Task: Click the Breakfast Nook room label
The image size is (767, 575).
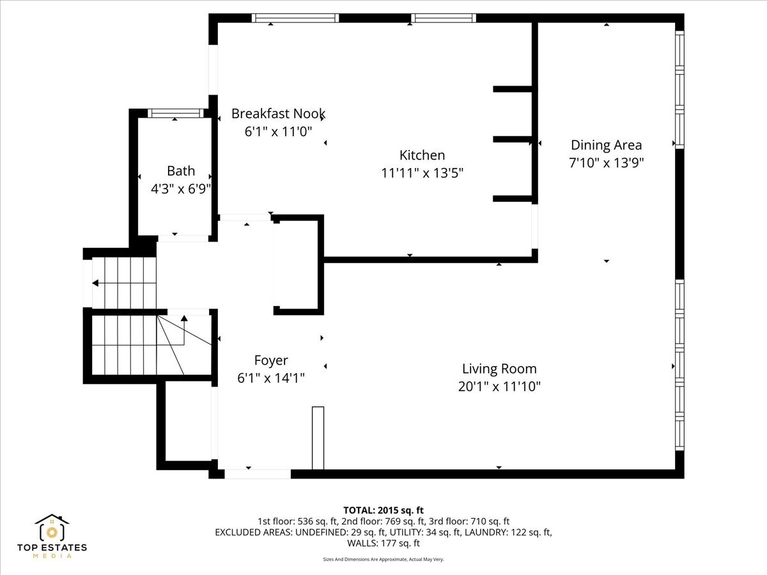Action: tap(278, 114)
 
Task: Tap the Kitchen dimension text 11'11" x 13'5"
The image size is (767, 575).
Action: tap(422, 173)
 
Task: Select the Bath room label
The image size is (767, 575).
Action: tap(181, 171)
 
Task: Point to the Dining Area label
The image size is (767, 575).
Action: tap(607, 145)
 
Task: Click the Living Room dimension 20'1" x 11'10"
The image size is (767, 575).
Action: tap(499, 387)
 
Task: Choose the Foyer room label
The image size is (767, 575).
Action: tap(271, 360)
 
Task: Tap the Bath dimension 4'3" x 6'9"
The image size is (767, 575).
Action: tap(181, 189)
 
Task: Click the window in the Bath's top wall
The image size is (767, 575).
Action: tap(175, 113)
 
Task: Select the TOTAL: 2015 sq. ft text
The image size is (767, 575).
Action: tap(383, 510)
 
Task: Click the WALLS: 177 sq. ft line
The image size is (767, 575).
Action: tap(383, 543)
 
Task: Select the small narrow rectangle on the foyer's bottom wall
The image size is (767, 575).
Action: tap(318, 438)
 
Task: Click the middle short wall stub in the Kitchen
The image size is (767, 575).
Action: tap(513, 139)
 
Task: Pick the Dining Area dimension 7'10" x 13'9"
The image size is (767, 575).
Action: tap(607, 163)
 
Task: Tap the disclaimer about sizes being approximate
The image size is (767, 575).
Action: tap(383, 559)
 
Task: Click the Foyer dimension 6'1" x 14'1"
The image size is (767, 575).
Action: tap(271, 378)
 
